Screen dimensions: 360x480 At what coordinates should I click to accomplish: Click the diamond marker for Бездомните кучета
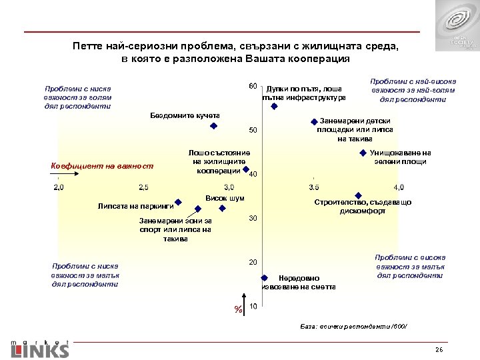[213, 125]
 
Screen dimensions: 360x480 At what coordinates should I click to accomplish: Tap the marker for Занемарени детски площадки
[313, 121]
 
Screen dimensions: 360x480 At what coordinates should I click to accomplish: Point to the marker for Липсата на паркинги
[179, 201]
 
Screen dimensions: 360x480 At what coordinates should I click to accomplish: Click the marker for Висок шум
[223, 207]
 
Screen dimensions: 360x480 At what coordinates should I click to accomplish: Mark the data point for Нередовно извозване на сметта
[263, 278]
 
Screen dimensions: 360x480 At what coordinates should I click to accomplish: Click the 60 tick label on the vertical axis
[253, 87]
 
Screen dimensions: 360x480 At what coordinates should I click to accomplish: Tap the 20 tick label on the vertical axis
[253, 261]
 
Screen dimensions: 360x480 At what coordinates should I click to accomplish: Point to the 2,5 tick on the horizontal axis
[144, 186]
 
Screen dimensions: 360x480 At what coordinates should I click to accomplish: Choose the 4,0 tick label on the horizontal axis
[399, 186]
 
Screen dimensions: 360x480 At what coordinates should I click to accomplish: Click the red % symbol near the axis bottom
[237, 309]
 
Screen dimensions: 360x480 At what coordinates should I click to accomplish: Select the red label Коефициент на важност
[102, 165]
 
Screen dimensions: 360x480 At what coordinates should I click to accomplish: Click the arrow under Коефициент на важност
[57, 175]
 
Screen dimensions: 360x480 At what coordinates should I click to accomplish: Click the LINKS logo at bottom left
[40, 349]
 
